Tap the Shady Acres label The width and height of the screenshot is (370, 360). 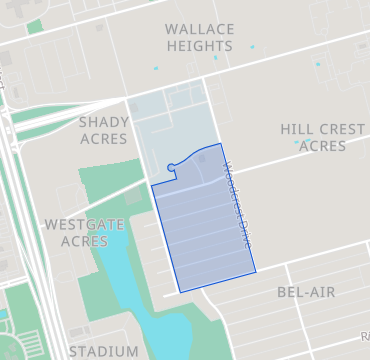tap(104, 130)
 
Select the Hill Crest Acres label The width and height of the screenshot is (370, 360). tap(321, 138)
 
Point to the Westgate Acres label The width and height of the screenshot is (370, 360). tap(84, 233)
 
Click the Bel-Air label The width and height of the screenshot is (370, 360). tap(306, 292)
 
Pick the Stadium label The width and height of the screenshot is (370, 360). tap(104, 351)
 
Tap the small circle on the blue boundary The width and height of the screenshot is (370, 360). tap(172, 168)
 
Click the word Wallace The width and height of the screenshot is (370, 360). tap(199, 29)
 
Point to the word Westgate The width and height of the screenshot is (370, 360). tap(84, 225)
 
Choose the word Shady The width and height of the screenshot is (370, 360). tap(104, 122)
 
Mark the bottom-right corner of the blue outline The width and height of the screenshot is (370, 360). tap(255, 270)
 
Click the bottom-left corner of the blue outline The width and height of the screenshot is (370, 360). tap(179, 292)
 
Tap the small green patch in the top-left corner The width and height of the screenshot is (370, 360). tap(35, 26)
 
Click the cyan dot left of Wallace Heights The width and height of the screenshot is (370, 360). tap(156, 67)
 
